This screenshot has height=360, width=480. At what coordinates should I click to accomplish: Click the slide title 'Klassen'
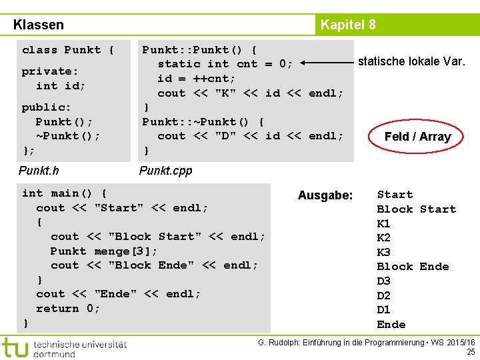tap(39, 25)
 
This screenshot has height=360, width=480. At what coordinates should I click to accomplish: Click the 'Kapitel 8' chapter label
tap(347, 25)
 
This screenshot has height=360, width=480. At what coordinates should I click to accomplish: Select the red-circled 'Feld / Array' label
tap(417, 137)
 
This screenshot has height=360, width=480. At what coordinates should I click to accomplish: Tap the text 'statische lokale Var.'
tap(411, 62)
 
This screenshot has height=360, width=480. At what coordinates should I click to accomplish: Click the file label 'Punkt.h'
tap(39, 171)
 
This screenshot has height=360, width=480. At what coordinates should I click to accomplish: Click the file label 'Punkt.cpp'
tap(165, 171)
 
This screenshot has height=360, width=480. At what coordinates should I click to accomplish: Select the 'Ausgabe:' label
tap(325, 195)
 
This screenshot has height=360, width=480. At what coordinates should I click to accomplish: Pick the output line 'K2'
tap(384, 238)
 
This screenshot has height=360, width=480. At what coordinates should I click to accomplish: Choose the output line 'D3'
tap(384, 281)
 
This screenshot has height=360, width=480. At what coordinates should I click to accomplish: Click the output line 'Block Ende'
tap(413, 267)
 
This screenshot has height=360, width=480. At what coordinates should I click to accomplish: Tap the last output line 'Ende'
tap(391, 325)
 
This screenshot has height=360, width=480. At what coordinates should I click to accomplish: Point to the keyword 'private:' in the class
tap(50, 71)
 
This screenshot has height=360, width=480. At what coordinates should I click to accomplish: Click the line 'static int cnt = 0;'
tap(225, 64)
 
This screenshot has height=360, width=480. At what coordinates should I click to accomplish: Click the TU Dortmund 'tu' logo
tap(15, 348)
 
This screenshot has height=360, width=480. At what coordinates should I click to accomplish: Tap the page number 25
tap(471, 351)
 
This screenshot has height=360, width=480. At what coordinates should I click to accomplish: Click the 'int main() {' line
tap(65, 193)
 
